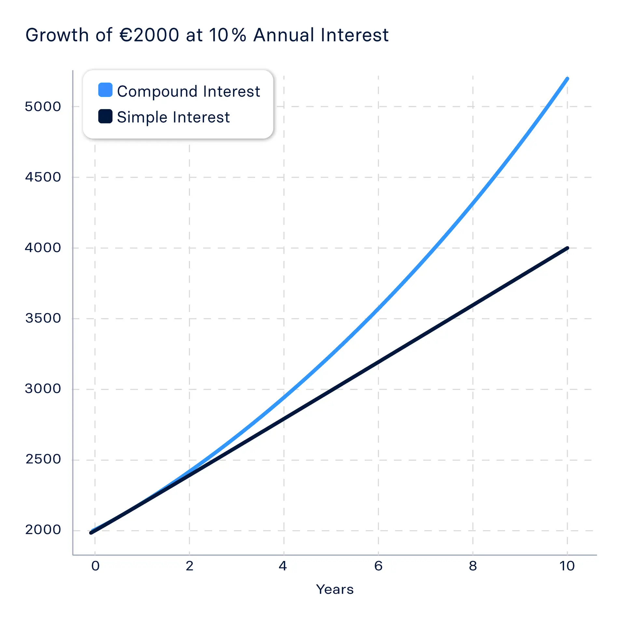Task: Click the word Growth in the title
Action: (57, 35)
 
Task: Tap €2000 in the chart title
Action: (149, 35)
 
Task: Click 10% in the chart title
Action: (228, 35)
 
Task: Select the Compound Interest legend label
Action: (188, 91)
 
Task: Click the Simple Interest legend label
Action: (173, 117)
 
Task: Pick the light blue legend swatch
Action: (105, 90)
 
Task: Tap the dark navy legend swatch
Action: (105, 116)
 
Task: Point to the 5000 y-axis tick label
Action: (43, 107)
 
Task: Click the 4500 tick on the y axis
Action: (43, 177)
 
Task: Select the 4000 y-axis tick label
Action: (43, 248)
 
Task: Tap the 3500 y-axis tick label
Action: (43, 318)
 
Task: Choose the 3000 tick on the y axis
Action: (43, 389)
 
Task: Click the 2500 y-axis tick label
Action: (43, 460)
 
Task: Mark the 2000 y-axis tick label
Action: (43, 530)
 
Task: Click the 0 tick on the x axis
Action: (95, 566)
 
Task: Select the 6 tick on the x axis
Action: (378, 566)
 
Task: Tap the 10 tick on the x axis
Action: (567, 566)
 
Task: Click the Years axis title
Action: (335, 590)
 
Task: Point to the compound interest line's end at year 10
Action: (567, 79)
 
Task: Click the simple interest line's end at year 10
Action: (567, 248)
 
